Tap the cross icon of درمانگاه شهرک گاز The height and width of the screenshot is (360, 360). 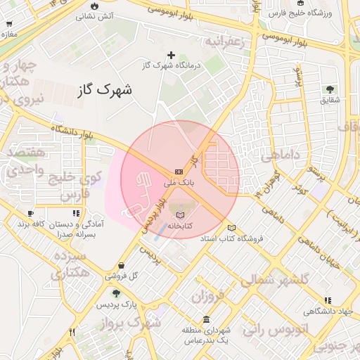click(171, 55)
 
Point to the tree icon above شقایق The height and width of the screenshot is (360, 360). click(329, 89)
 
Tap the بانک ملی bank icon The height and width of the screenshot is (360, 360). click(179, 172)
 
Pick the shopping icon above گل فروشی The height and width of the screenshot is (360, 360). click(122, 265)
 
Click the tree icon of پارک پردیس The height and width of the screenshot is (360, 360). click(116, 294)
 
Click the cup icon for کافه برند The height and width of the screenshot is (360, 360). click(30, 213)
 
